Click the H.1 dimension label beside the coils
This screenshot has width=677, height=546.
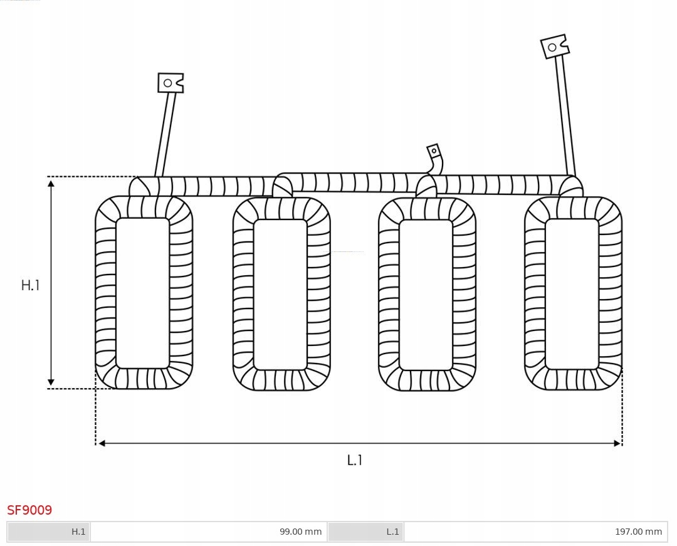[30, 285]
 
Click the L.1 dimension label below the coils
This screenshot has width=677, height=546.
[355, 460]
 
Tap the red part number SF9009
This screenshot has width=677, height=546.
[29, 510]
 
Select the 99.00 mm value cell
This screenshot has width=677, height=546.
[208, 532]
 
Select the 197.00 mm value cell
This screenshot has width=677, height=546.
[535, 532]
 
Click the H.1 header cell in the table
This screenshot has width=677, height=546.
[49, 532]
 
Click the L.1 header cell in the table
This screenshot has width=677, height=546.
[365, 532]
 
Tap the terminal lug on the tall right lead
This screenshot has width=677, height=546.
[554, 46]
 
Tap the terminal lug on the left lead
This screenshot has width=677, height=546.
[171, 83]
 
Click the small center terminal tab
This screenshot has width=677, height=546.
[434, 151]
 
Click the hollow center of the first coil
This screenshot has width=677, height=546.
[143, 293]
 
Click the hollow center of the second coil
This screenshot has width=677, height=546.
[280, 294]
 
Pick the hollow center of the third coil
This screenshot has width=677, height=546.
[426, 295]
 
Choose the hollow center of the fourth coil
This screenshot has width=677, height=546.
[572, 293]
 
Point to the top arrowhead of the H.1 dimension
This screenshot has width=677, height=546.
[51, 182]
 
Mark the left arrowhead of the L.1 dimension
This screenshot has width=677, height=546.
[102, 443]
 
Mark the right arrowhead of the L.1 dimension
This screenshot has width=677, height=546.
[617, 443]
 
